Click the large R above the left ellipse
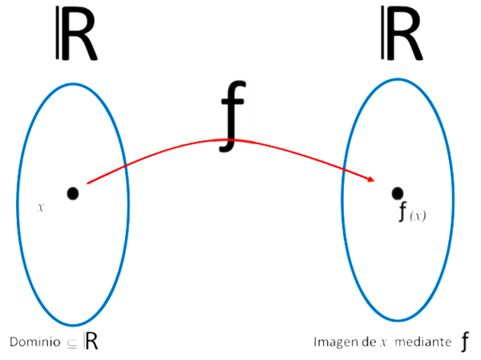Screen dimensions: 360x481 point(78,37)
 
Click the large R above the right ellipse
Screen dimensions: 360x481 point(401,37)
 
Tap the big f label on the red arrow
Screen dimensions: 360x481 point(232,115)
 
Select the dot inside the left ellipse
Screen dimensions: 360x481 point(72,193)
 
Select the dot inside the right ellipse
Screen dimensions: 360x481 point(396,192)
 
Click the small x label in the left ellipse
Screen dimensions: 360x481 point(40,208)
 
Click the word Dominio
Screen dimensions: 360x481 point(34,342)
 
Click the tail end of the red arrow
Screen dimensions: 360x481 point(87,184)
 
